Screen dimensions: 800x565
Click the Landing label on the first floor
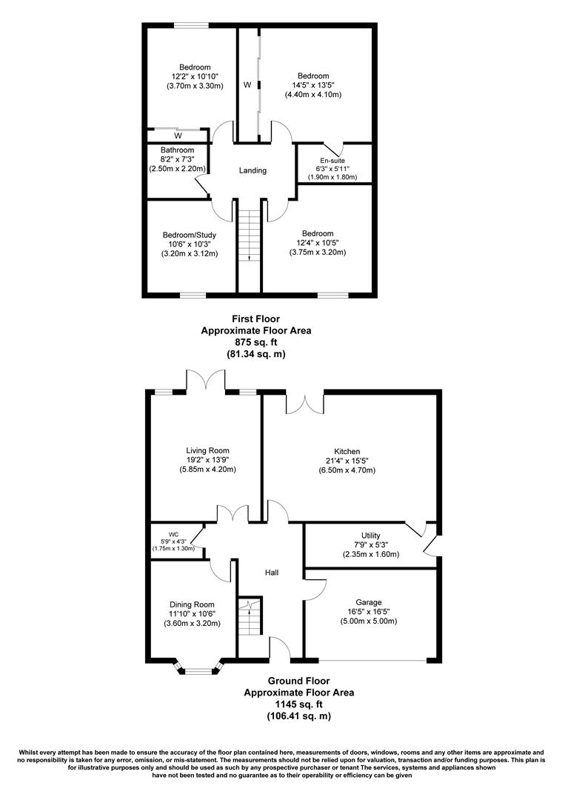tap(253, 170)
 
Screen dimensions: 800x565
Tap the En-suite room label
tap(332, 160)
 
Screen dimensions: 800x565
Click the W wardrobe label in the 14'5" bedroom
tap(247, 86)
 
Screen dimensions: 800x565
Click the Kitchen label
tap(347, 451)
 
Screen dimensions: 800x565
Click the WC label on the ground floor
tap(173, 533)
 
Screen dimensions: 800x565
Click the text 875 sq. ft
tap(255, 342)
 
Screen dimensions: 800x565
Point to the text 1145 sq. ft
tap(298, 704)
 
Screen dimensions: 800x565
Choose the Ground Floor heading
tap(298, 680)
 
